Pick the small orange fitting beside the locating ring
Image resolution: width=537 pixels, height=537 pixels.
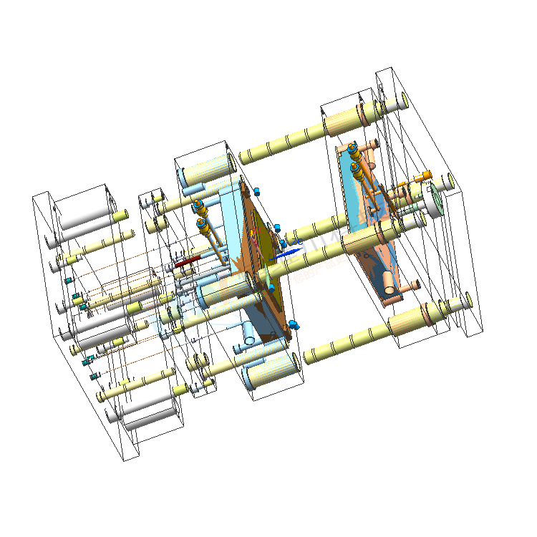pos(424,175)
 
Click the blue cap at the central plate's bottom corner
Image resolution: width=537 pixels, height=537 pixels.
pos(294,326)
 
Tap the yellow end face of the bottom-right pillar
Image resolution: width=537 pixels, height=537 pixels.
pos(468,300)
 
